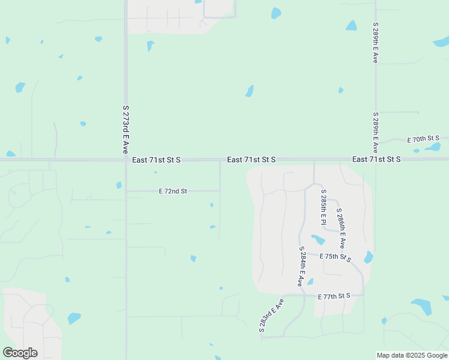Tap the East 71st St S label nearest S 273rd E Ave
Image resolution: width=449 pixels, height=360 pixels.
[x=156, y=160]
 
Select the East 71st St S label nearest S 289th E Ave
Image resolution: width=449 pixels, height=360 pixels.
[x=376, y=160]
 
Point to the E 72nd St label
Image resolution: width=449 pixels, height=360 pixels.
[x=173, y=191]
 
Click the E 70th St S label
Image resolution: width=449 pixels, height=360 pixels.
[x=424, y=139]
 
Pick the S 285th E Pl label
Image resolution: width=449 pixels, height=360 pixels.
[x=324, y=205]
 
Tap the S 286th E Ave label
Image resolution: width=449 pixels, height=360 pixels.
[x=340, y=229]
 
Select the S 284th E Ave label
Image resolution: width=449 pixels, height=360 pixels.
[x=301, y=265]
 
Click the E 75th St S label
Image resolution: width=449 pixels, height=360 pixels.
[x=335, y=257]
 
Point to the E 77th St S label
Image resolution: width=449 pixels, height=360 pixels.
[x=334, y=296]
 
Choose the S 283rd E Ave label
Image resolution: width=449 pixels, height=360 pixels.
[x=271, y=314]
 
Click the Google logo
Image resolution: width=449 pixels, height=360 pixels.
[x=20, y=353]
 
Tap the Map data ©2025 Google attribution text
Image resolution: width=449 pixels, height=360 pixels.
[x=411, y=355]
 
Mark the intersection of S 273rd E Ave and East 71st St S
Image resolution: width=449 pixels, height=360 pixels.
[x=126, y=160]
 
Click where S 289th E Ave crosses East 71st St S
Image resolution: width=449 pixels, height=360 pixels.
[x=376, y=160]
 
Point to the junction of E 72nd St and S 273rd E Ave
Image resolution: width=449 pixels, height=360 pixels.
[x=126, y=191]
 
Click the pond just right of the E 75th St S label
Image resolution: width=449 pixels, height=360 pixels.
[x=369, y=257]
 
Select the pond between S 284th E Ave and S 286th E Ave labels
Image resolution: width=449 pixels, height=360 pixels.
[x=318, y=240]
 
